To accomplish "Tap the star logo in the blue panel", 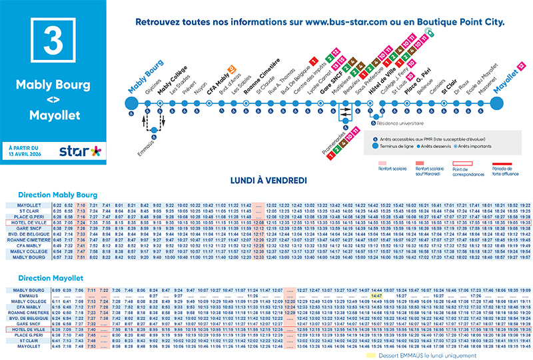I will click(80, 151).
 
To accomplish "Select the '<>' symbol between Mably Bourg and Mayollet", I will click(54, 101).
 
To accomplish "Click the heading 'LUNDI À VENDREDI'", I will click(266, 181).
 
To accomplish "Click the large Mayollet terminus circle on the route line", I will click(497, 103).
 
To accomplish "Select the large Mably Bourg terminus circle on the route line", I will click(132, 103).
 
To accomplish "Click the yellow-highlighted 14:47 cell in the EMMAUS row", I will click(376, 296).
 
